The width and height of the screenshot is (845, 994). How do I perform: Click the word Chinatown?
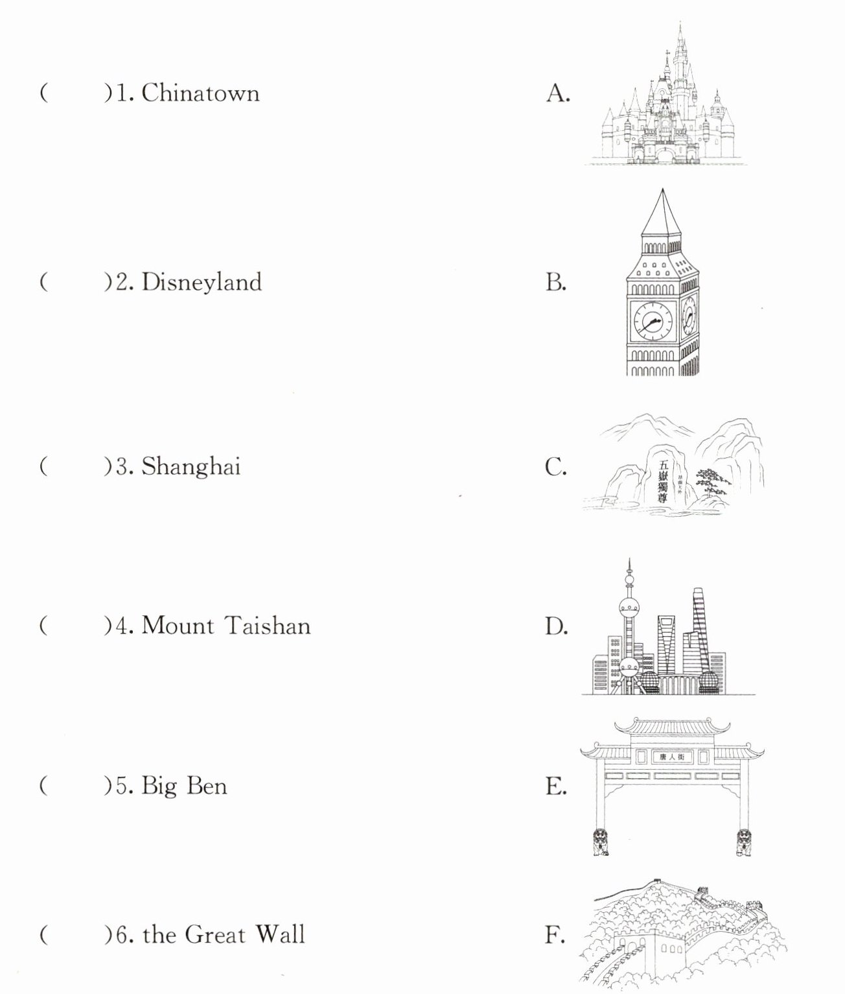(x=200, y=93)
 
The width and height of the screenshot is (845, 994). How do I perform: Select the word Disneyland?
(x=202, y=283)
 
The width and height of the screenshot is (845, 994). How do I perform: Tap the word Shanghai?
(x=191, y=467)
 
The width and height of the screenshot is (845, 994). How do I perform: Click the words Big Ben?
(x=184, y=786)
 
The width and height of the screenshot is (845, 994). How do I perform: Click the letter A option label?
(x=557, y=94)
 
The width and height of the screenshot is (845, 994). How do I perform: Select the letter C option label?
(x=556, y=467)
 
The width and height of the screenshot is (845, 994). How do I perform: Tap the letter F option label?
(x=555, y=935)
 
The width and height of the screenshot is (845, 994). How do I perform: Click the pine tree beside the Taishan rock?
(x=712, y=483)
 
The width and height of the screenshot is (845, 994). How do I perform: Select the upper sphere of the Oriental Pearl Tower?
(x=629, y=607)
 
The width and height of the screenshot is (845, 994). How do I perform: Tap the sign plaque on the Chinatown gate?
(x=666, y=757)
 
